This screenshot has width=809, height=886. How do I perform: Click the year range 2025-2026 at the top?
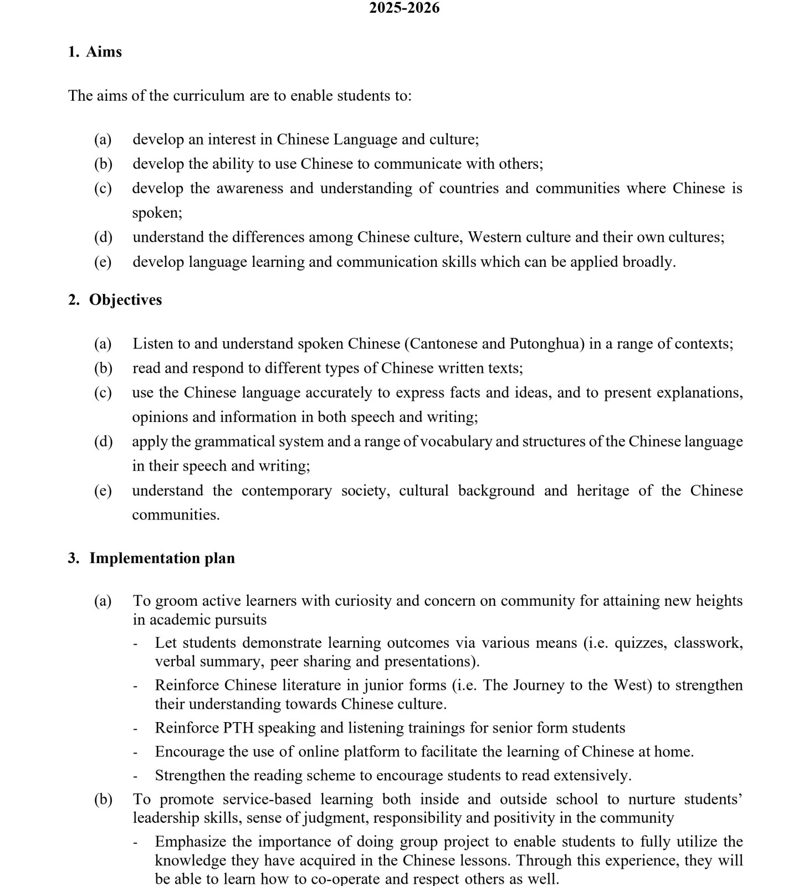(404, 8)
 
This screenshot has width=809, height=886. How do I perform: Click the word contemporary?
(286, 491)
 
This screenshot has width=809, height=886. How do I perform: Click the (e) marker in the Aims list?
(103, 262)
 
